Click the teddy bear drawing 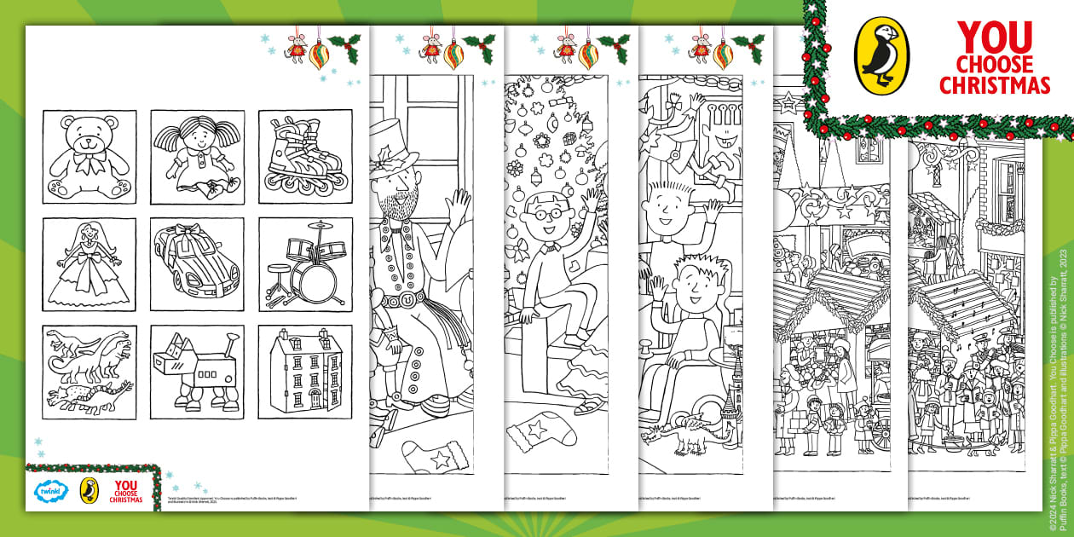coord(89,157)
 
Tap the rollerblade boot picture coord(305,157)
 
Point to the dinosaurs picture coord(89,372)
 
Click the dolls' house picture coord(305,372)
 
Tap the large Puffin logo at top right coord(881,56)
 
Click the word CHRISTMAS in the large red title coord(1002,85)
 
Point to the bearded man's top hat coord(395,136)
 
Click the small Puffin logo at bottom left coord(89,491)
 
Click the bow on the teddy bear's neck coord(88,159)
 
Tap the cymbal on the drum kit coord(319,226)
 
